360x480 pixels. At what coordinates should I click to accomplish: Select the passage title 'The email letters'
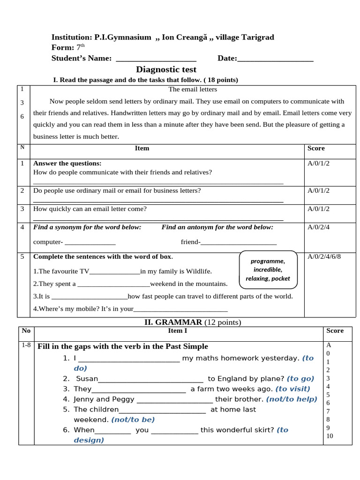(193, 89)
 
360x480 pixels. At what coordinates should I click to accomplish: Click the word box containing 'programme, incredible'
(268, 270)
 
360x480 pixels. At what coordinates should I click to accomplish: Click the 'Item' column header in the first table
(142, 148)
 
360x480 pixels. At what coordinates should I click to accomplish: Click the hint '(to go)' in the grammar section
(300, 378)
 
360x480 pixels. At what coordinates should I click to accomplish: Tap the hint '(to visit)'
(292, 389)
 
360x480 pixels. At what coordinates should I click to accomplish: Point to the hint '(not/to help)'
(292, 399)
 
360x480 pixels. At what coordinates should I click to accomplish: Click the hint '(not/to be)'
(133, 420)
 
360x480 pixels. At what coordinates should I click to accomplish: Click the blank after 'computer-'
(90, 242)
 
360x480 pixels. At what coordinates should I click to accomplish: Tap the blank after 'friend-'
(239, 242)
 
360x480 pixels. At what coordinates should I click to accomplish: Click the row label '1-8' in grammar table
(26, 345)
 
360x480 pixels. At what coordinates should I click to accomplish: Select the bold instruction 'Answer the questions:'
(67, 163)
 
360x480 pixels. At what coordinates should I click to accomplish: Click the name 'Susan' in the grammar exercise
(87, 378)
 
